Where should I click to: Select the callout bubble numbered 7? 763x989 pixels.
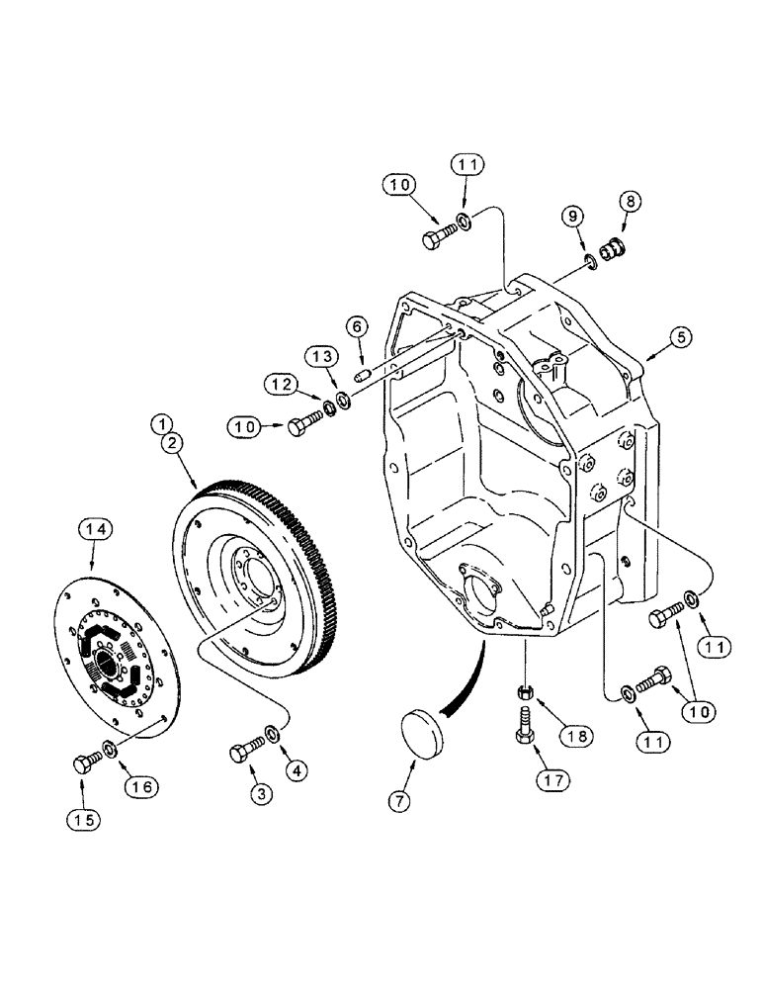coord(399,802)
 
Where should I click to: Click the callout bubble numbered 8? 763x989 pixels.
coord(630,201)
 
